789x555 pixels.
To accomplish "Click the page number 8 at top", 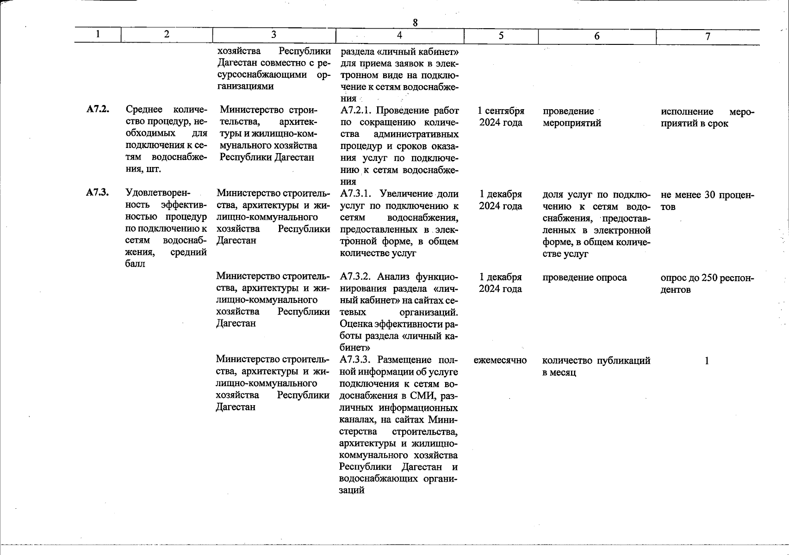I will coord(415,22).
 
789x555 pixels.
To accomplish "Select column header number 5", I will coord(501,35).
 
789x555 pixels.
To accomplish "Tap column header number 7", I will coord(708,37).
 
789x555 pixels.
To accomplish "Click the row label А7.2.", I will coord(98,110).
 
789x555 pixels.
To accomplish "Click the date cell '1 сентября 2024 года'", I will coord(501,117).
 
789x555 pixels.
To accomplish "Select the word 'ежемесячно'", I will coord(500,360).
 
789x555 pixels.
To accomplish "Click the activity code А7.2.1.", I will coord(356,111).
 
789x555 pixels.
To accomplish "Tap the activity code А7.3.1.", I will coord(356,194).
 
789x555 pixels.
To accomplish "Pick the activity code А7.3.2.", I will coord(356,277).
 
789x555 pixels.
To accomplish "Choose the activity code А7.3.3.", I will coord(356,360).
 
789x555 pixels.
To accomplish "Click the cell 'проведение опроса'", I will coord(584,277).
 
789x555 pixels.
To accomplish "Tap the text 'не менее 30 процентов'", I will coord(707,201).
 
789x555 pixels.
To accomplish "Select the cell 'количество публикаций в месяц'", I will coord(596,366).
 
